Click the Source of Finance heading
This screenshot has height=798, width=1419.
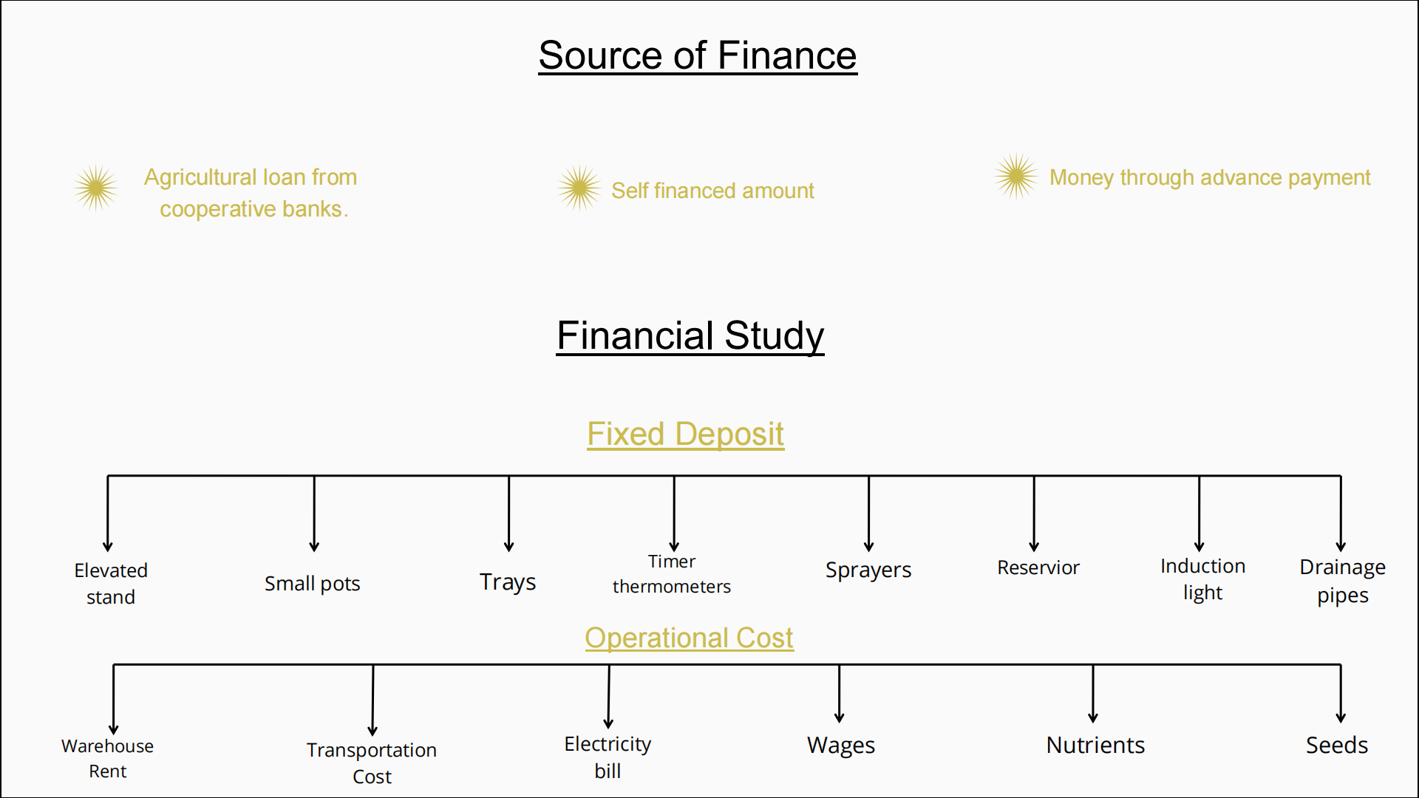[x=697, y=55]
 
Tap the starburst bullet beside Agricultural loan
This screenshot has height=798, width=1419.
[x=95, y=188]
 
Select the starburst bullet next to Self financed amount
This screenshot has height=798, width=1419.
[x=579, y=188]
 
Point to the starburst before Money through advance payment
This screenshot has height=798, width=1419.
[x=1015, y=176]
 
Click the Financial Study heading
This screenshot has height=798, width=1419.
[x=690, y=335]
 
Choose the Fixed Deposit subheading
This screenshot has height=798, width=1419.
[x=685, y=434]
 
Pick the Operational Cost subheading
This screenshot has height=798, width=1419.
[x=689, y=638]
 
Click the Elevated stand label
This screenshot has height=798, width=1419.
[x=111, y=583]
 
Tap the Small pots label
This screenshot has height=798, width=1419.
[x=312, y=584]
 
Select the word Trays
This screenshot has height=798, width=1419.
[x=508, y=582]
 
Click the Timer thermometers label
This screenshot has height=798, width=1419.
[x=671, y=573]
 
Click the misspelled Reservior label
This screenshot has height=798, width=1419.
[x=1038, y=567]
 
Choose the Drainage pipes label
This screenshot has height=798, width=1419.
[x=1342, y=581]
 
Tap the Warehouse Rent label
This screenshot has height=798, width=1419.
[x=108, y=758]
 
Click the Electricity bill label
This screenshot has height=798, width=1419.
[x=608, y=757]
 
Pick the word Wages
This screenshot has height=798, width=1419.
[x=840, y=745]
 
